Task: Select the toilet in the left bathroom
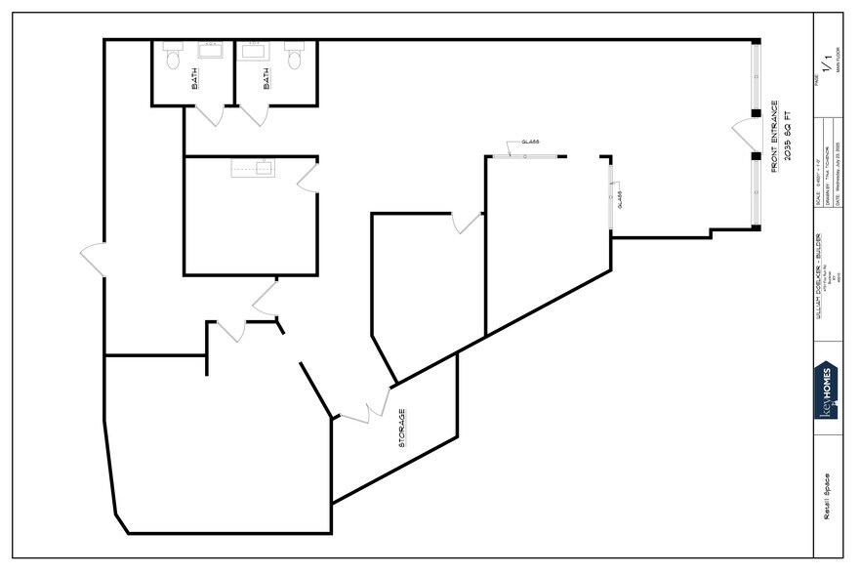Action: point(174,61)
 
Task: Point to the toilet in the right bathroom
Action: point(294,61)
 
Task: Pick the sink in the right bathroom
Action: point(255,50)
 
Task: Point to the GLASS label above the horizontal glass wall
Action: point(530,143)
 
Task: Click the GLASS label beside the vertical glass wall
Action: point(622,199)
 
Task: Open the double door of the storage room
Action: point(365,408)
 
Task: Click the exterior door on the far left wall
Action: point(93,260)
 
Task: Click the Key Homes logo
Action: point(825,390)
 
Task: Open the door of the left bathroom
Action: point(206,115)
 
